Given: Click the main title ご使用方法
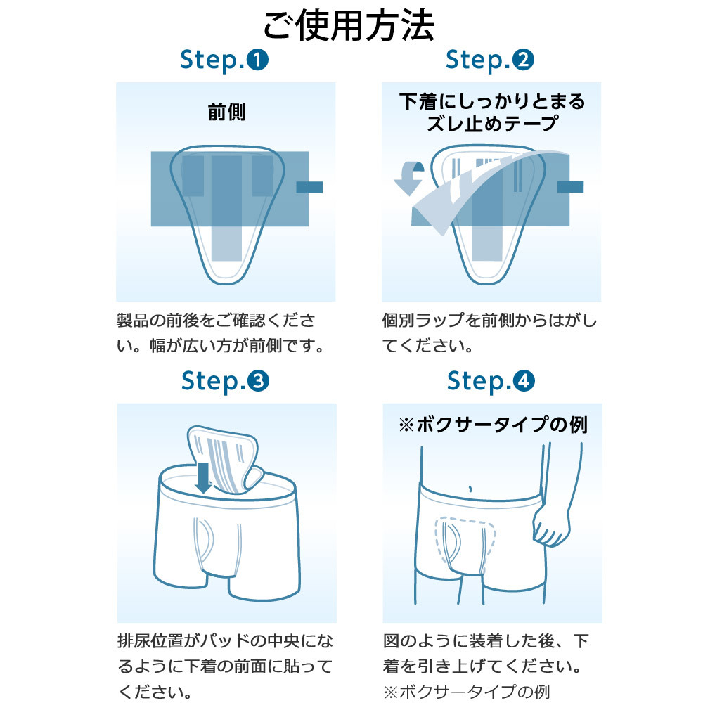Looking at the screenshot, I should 349,25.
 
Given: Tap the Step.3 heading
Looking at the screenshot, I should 224,381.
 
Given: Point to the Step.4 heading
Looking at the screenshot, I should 490,381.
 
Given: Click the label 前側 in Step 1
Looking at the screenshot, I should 226,112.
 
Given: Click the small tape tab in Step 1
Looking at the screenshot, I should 309,187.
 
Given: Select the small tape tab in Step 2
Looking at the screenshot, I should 570,186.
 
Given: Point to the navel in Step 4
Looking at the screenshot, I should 470,487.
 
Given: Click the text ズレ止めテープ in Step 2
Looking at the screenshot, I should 491,124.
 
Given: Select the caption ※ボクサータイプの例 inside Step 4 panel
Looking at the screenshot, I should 492,425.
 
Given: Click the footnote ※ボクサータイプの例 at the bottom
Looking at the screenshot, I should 466,690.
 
